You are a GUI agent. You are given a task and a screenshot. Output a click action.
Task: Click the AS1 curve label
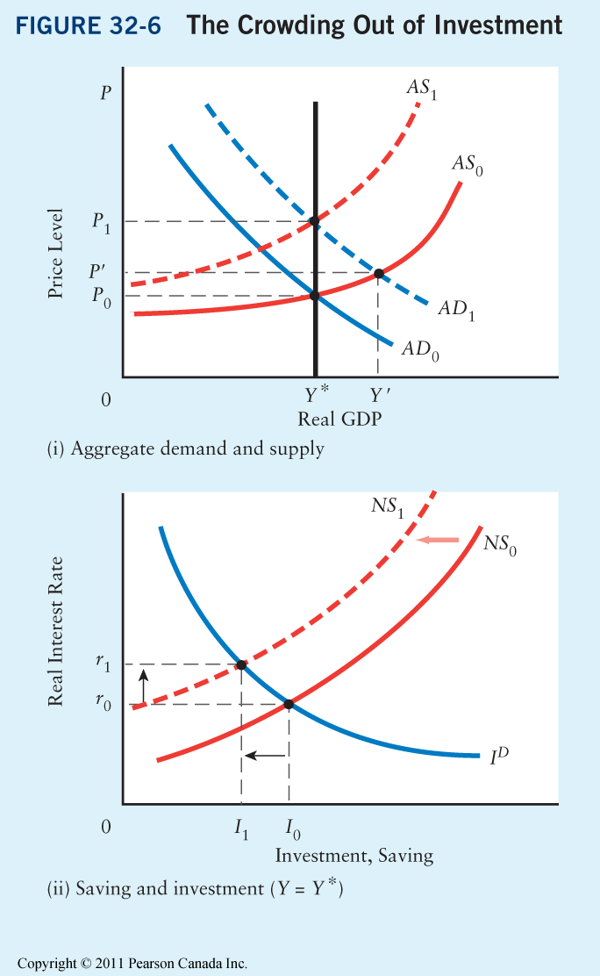421,88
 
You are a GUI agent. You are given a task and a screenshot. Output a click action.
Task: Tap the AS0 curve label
468,164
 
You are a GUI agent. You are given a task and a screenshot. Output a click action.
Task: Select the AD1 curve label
454,310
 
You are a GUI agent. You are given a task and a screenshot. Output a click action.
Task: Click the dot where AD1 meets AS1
315,220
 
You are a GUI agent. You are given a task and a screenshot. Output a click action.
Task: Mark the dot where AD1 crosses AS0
379,274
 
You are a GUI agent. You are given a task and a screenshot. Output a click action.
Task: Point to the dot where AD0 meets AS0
315,296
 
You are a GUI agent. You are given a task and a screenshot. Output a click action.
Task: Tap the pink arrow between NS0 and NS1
438,540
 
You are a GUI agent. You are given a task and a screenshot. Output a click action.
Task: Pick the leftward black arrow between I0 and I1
264,754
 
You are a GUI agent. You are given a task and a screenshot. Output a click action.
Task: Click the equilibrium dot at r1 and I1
241,664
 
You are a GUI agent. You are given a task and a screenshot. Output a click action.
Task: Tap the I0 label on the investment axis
289,827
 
